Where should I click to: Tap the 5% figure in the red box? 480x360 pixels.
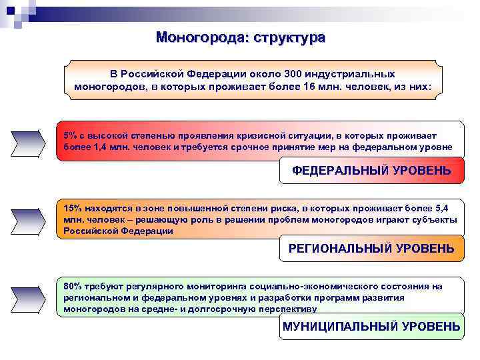pyautogui.click(x=70, y=135)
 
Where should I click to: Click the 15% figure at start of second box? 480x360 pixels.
pyautogui.click(x=73, y=208)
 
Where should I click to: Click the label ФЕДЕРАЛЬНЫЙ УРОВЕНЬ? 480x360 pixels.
pyautogui.click(x=371, y=171)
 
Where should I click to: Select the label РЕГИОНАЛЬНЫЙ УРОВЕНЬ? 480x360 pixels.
pyautogui.click(x=371, y=249)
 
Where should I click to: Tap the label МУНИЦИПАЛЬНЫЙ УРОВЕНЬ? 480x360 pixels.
pyautogui.click(x=371, y=326)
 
